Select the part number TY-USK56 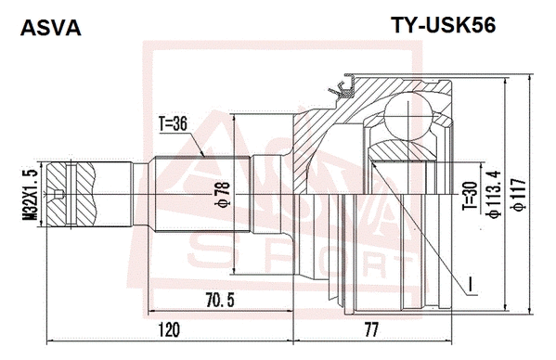[x=442, y=26]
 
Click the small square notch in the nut [x=58, y=195]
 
